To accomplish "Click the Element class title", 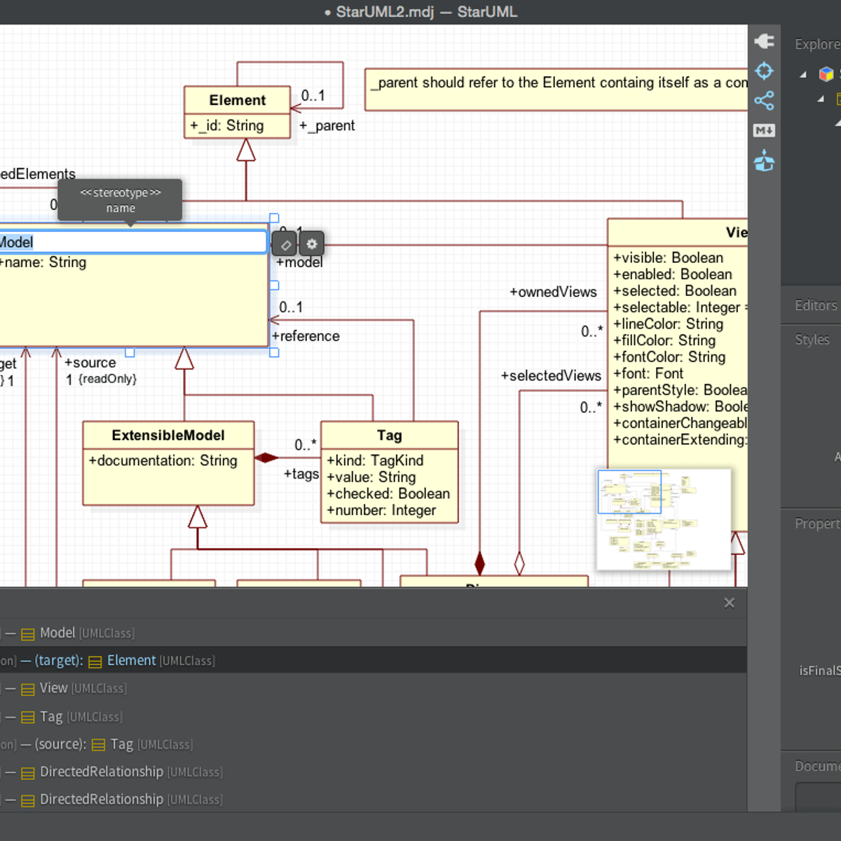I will point(237,100).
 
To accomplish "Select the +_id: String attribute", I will point(227,126).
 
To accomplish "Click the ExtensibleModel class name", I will point(168,435).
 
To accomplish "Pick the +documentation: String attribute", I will point(163,461).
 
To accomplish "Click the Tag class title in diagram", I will point(389,435).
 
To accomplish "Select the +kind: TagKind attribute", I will point(375,461).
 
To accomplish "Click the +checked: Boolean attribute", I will point(388,494).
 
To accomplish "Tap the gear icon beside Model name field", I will point(312,244).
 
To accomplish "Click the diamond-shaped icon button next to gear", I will point(285,245).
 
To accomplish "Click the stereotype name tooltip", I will point(120,200).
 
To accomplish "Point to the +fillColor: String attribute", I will point(664,341).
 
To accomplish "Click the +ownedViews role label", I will point(553,292).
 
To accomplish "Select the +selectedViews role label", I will point(551,376).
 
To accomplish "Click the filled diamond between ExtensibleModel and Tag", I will point(266,458).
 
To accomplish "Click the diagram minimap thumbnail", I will point(663,519).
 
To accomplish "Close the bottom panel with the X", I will point(729,603).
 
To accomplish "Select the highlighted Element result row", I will point(131,660).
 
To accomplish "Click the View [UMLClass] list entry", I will point(83,689).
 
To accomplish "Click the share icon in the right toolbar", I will point(764,101).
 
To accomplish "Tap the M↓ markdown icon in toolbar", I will point(764,130).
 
